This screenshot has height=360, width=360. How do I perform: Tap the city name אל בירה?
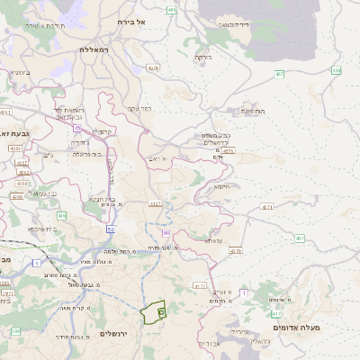pos(156,20)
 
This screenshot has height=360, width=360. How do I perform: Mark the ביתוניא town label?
pos(15,71)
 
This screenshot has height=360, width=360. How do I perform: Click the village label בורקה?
pos(202,56)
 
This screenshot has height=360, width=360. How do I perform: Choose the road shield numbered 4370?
pos(235,251)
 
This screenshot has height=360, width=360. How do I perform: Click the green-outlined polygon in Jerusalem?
pos(155,311)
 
